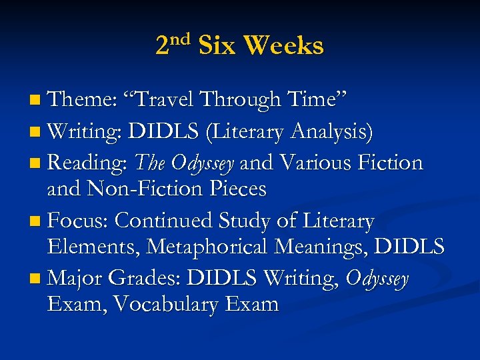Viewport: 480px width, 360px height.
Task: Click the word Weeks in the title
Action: coord(283,46)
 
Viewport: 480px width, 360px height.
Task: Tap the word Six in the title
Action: coord(217,46)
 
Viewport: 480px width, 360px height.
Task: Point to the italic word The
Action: coord(151,162)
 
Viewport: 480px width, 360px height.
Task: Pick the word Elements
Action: coord(94,247)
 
